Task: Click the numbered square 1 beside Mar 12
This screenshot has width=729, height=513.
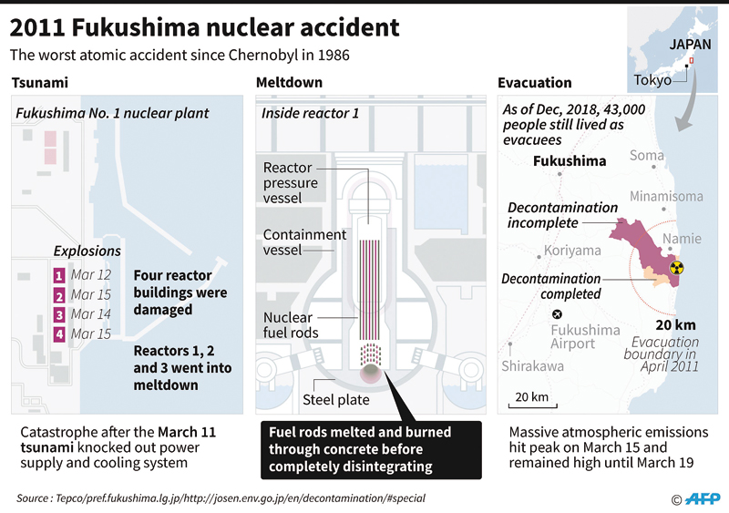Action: pos(59,276)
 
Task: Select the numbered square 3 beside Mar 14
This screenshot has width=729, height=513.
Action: pos(59,315)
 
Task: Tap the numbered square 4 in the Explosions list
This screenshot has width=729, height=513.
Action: pos(59,334)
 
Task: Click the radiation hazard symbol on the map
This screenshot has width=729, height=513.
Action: pos(677,268)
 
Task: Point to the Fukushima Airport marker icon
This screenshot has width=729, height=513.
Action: pos(557,314)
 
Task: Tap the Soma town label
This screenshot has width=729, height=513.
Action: pos(647,155)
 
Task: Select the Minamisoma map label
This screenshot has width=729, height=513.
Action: pos(666,196)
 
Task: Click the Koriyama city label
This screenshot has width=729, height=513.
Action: pos(572,251)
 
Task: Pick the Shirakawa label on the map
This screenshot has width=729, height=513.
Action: pos(533,366)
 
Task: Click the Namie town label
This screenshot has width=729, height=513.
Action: pos(682,239)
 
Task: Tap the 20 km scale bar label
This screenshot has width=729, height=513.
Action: pos(531,396)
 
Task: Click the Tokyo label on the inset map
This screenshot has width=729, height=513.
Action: pos(652,80)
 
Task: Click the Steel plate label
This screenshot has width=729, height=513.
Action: pos(336,399)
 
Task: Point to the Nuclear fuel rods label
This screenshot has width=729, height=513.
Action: pos(291,325)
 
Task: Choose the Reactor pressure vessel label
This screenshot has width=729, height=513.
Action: pos(290,183)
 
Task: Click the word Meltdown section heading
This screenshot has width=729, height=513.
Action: pos(289,82)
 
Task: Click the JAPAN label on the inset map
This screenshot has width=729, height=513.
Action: pos(690,45)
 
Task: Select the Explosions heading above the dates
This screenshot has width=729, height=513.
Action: pos(87,251)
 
